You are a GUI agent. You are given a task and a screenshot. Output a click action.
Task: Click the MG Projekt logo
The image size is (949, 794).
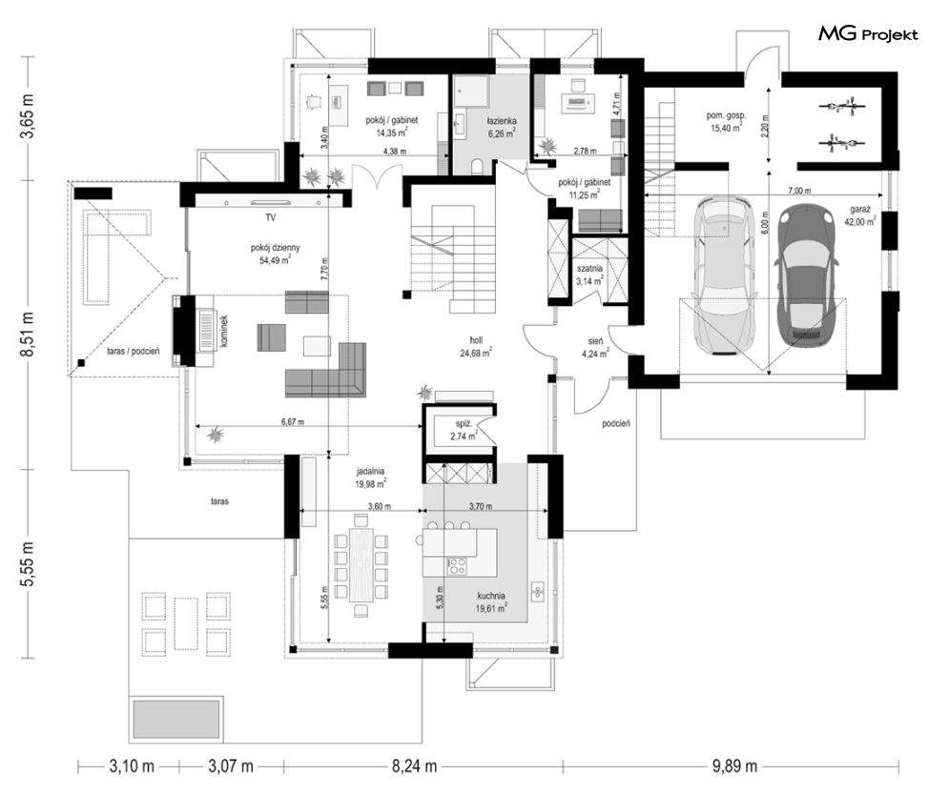click(x=868, y=34)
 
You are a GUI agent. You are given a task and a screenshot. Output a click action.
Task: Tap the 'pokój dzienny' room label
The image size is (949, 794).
click(x=276, y=248)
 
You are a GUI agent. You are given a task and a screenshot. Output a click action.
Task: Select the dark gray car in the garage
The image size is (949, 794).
click(x=806, y=277)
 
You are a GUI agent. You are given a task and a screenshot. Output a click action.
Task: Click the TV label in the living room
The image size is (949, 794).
click(x=270, y=216)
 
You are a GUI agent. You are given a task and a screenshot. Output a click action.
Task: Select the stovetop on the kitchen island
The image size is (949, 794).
click(x=457, y=566)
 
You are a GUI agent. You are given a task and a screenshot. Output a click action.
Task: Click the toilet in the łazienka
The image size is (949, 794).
click(x=476, y=165)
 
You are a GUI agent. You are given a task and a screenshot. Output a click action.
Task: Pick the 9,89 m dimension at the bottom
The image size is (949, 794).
click(x=734, y=766)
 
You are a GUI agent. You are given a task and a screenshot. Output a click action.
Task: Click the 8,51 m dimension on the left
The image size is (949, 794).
click(x=28, y=335)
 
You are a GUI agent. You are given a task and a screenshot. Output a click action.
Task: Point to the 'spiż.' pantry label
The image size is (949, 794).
click(x=464, y=424)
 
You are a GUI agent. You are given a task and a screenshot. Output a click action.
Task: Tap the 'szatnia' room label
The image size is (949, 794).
click(x=588, y=269)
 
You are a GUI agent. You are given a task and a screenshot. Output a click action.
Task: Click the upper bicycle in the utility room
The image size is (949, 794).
click(x=840, y=107)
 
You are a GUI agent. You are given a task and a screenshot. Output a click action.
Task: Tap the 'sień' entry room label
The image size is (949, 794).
click(x=595, y=341)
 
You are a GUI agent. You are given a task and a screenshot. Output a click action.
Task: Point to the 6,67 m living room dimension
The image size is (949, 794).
click(x=293, y=422)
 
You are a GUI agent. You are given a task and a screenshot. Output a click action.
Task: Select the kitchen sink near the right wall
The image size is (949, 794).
click(x=537, y=591)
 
